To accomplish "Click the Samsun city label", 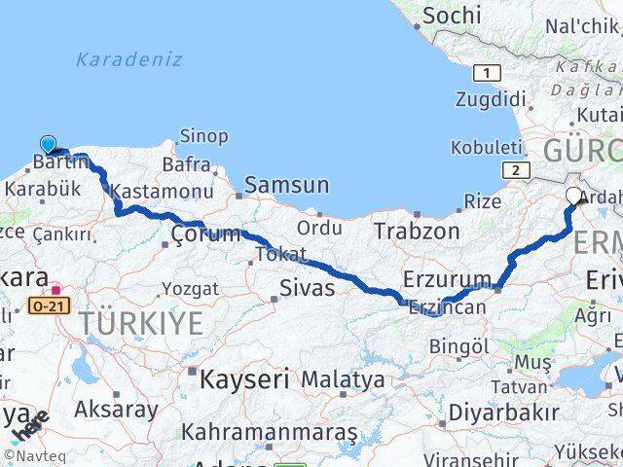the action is pyautogui.click(x=286, y=185).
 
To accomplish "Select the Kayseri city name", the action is pyautogui.click(x=244, y=379).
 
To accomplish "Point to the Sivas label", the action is pyautogui.click(x=307, y=288).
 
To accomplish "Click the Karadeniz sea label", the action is pyautogui.click(x=129, y=59).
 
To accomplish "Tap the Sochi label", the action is pyautogui.click(x=453, y=15).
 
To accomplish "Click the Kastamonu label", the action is pyautogui.click(x=162, y=194).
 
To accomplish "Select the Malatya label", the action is pyautogui.click(x=343, y=379).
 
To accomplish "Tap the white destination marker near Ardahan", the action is pyautogui.click(x=574, y=196).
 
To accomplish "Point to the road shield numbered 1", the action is pyautogui.click(x=486, y=73).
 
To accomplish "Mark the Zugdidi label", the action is pyautogui.click(x=490, y=100).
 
